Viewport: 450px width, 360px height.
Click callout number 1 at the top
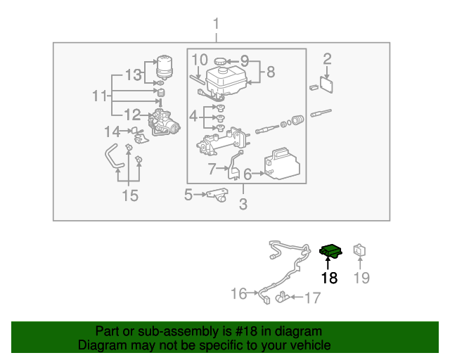coord(216,25)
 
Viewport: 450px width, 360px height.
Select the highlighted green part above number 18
coord(330,251)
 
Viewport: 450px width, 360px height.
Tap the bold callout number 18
coord(329,278)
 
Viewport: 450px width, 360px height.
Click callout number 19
coord(361,278)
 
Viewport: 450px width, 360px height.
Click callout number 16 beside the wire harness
coord(239,292)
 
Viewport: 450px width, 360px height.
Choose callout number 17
coord(311,298)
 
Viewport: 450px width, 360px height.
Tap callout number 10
coord(199,60)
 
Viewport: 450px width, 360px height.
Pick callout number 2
coord(327,59)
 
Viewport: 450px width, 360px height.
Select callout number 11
coord(101,95)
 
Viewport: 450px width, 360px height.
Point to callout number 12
coord(132,115)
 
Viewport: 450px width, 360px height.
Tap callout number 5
coord(188,194)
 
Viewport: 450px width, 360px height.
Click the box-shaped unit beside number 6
coord(282,165)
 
